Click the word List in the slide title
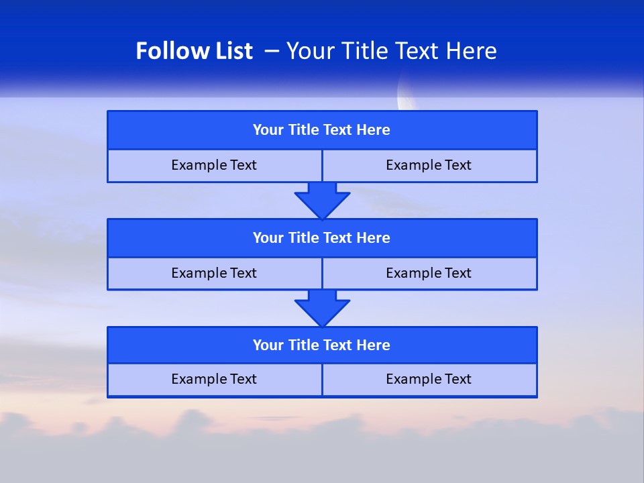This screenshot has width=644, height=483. [x=231, y=51]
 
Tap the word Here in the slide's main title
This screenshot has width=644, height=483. [x=472, y=51]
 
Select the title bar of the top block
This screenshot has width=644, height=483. [x=322, y=130]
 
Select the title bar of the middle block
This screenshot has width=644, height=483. [x=322, y=238]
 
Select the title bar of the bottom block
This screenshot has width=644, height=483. [x=322, y=345]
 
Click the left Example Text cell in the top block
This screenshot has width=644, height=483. [x=214, y=166]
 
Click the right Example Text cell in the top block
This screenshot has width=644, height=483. [x=429, y=166]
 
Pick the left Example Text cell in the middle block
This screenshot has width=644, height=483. [x=214, y=274]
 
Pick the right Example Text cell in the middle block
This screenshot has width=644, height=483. [x=429, y=274]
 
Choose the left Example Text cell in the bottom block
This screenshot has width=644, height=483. [x=214, y=380]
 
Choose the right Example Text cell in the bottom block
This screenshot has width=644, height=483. [x=429, y=380]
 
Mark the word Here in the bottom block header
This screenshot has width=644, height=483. [x=374, y=345]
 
